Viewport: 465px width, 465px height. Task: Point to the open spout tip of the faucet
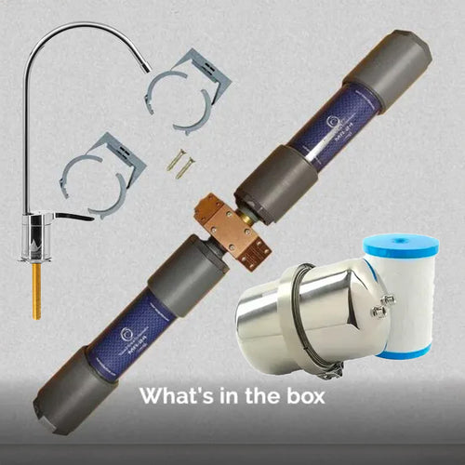(149, 67)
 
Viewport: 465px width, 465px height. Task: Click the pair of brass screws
(180, 165)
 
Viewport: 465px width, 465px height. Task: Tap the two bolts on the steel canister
(381, 306)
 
